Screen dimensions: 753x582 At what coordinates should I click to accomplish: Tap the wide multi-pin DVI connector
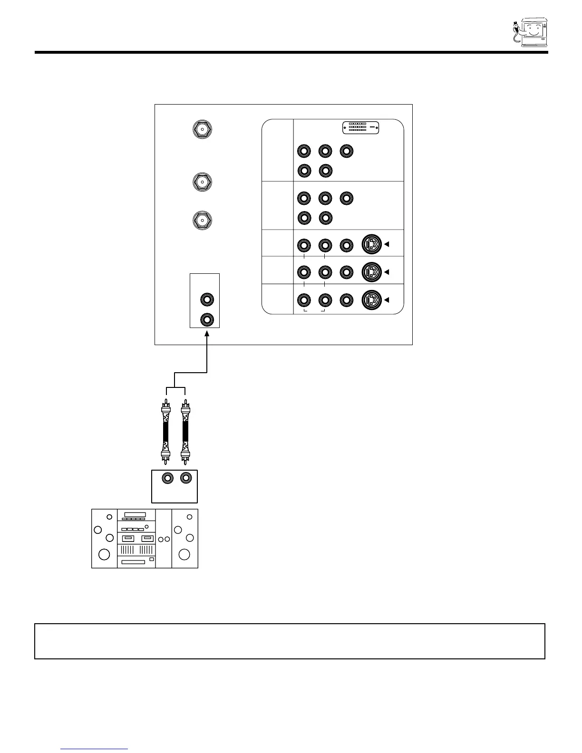click(361, 128)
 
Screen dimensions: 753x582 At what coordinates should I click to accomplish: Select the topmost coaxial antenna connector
click(202, 129)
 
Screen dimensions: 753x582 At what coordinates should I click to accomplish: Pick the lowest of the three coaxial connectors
click(202, 220)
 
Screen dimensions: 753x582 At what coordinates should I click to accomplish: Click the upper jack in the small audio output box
click(207, 300)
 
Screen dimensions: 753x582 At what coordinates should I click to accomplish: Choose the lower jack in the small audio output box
click(207, 319)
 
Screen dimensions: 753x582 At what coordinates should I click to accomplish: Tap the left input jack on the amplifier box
click(167, 478)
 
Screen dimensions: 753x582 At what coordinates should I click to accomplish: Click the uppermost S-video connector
click(372, 245)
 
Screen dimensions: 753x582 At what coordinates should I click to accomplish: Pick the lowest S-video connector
click(372, 300)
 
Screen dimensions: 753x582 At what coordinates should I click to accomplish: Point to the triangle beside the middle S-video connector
click(387, 272)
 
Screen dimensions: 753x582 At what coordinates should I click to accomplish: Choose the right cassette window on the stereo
click(147, 539)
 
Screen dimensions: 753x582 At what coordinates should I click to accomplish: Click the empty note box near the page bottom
click(290, 641)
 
